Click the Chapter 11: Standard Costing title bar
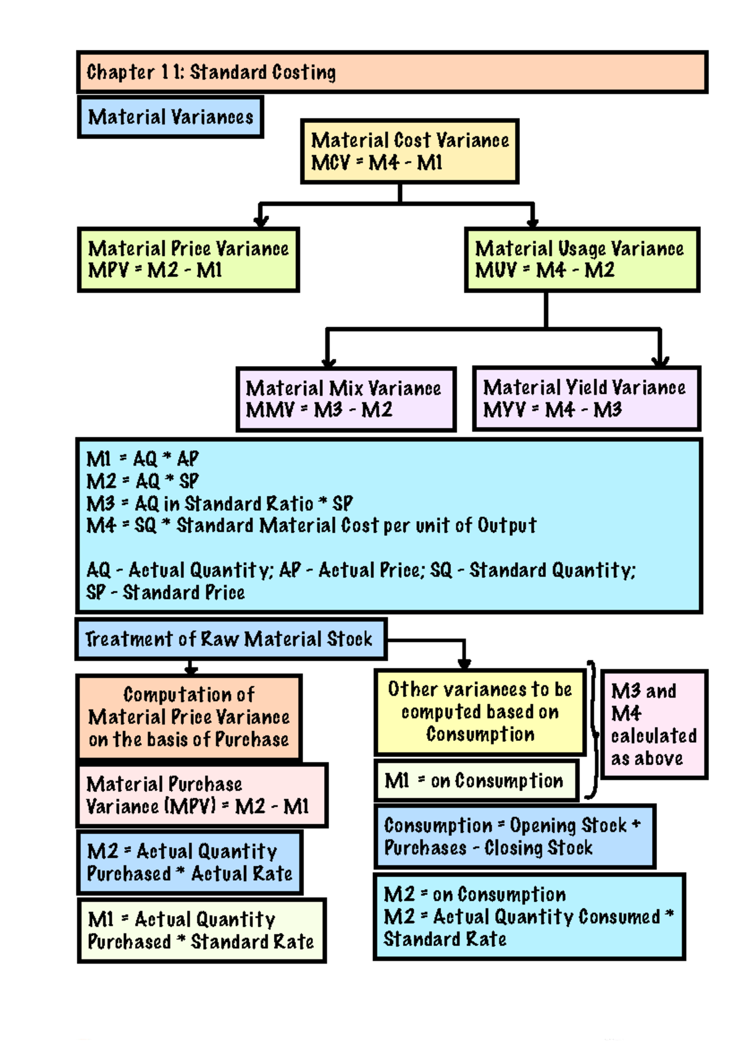[392, 72]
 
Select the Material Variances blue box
[170, 117]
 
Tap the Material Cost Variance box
[409, 151]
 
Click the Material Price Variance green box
[188, 259]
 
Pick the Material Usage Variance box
[582, 259]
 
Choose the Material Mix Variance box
[346, 399]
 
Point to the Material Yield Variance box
[586, 398]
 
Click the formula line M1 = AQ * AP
[143, 459]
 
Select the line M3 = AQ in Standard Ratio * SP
[219, 504]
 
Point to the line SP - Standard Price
[165, 593]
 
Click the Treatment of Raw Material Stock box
[231, 639]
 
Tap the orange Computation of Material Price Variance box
[189, 717]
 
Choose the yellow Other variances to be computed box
[480, 712]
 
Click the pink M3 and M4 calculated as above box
[654, 724]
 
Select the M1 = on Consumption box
[475, 781]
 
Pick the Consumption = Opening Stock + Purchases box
[514, 836]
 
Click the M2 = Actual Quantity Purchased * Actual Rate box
[190, 862]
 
